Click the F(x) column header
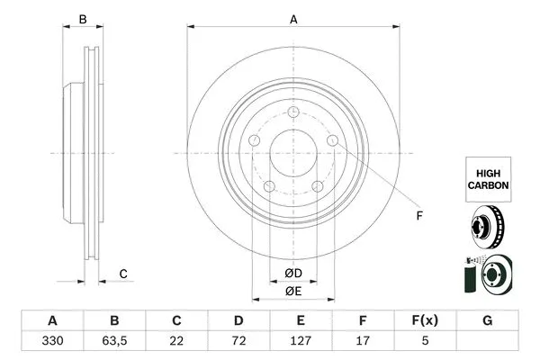tap(426, 320)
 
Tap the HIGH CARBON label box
tap(488, 176)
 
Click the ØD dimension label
tap(292, 273)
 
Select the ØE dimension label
tap(292, 291)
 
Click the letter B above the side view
tap(83, 19)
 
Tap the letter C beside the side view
tap(123, 274)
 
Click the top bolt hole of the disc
tap(293, 112)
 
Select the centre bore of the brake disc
tap(292, 152)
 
